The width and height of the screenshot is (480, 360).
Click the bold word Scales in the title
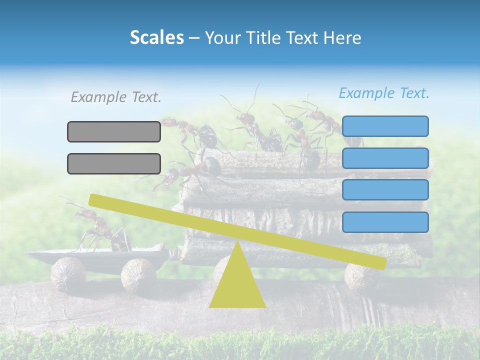(156, 37)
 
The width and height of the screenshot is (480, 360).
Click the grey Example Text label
(116, 97)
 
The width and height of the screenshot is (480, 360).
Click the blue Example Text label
(384, 93)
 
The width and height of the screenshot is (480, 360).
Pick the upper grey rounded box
(114, 131)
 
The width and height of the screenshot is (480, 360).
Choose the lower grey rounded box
(114, 163)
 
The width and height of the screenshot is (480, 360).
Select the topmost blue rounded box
(385, 126)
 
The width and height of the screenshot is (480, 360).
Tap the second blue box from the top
(385, 158)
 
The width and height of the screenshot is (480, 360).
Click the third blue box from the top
(385, 190)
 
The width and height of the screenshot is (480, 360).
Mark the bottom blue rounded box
(385, 222)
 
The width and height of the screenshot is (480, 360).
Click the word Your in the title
(222, 37)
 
